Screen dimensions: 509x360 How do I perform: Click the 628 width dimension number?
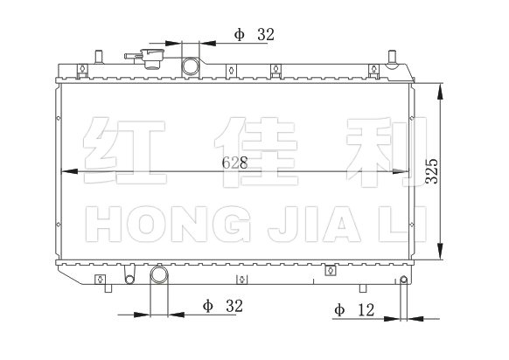(x=234, y=163)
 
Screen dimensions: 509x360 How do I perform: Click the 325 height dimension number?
(x=432, y=171)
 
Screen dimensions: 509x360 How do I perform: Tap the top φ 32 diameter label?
(x=254, y=34)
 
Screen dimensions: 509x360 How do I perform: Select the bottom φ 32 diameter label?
(x=223, y=306)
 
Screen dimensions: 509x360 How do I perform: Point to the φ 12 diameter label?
(x=354, y=310)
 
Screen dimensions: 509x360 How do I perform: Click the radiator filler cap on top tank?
(x=151, y=59)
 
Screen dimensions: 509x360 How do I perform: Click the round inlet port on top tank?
(x=191, y=66)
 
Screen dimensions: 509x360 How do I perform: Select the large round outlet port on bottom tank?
(x=159, y=274)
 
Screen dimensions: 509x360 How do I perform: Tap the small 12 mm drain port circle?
(x=404, y=280)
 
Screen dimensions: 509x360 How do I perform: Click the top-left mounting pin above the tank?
(x=99, y=57)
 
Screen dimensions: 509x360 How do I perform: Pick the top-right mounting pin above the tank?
(x=392, y=57)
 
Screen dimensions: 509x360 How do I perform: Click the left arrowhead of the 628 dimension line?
(x=69, y=171)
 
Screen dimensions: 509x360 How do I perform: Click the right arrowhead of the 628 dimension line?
(x=401, y=171)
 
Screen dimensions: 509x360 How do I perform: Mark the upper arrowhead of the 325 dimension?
(x=440, y=92)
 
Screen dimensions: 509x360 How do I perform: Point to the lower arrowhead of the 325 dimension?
(x=440, y=252)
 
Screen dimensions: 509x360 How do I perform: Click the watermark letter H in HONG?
(x=103, y=224)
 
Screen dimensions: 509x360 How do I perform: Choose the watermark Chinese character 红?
(x=124, y=151)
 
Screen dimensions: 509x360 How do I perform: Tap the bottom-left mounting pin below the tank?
(x=108, y=288)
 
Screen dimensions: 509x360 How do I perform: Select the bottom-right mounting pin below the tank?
(x=363, y=288)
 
